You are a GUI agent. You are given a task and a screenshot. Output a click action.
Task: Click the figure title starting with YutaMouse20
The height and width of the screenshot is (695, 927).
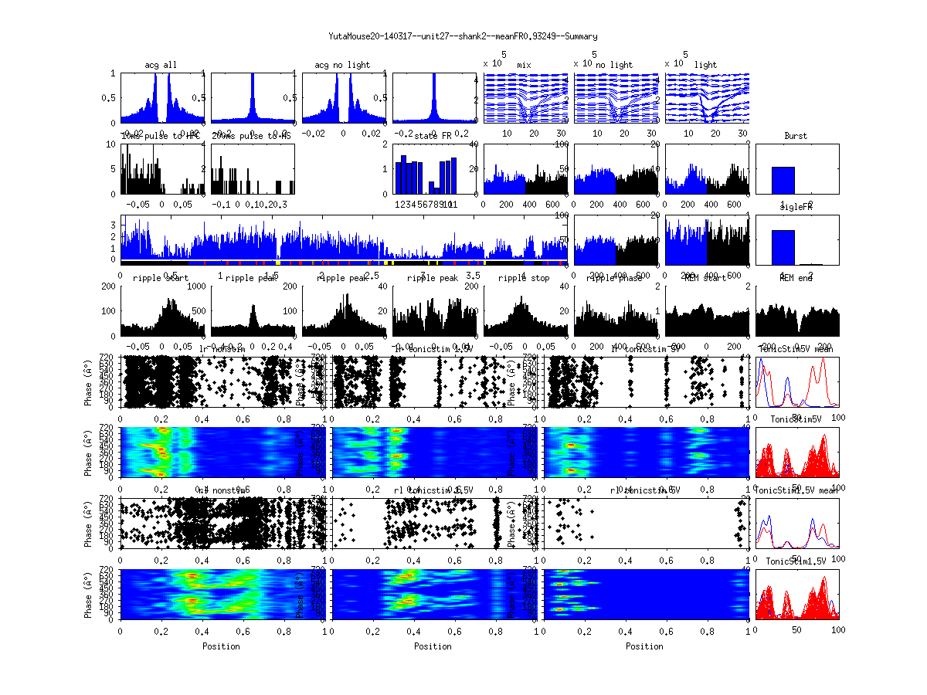(463, 36)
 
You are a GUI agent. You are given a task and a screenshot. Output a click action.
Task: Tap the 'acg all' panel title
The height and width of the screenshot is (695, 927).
(161, 65)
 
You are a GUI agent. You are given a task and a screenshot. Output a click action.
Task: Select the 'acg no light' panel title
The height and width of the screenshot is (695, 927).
(342, 65)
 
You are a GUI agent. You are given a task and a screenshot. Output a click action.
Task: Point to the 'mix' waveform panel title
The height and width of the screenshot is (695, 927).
(525, 65)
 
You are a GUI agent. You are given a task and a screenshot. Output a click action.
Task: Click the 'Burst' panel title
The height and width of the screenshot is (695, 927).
(796, 136)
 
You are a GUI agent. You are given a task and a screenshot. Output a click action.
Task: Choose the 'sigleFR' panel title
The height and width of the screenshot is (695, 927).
(796, 207)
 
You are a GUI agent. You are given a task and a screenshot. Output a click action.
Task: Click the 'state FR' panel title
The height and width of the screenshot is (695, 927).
(433, 136)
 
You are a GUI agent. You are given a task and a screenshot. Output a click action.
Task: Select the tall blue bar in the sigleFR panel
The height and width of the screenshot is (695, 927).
(783, 247)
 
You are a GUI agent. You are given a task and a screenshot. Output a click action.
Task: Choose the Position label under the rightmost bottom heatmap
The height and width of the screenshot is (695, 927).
(645, 646)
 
